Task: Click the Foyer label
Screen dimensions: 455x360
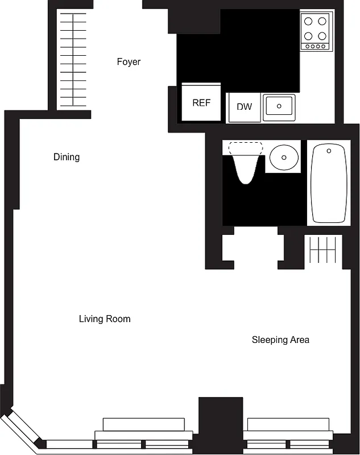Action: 129,62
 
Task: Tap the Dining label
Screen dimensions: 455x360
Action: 67,157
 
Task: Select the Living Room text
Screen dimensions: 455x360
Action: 105,319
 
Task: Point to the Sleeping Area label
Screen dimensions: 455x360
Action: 280,340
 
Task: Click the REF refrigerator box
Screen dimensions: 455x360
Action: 201,103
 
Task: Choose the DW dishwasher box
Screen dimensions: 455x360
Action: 244,107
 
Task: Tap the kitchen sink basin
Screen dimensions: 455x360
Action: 279,106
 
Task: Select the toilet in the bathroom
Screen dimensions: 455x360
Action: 246,164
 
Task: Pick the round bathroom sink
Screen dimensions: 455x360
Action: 283,157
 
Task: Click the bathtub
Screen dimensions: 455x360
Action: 329,183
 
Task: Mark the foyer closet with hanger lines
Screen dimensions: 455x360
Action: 74,60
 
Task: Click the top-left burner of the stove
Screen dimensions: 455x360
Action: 309,22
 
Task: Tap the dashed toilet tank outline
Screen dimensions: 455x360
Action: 246,147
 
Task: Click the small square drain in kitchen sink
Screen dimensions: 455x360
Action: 279,106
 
